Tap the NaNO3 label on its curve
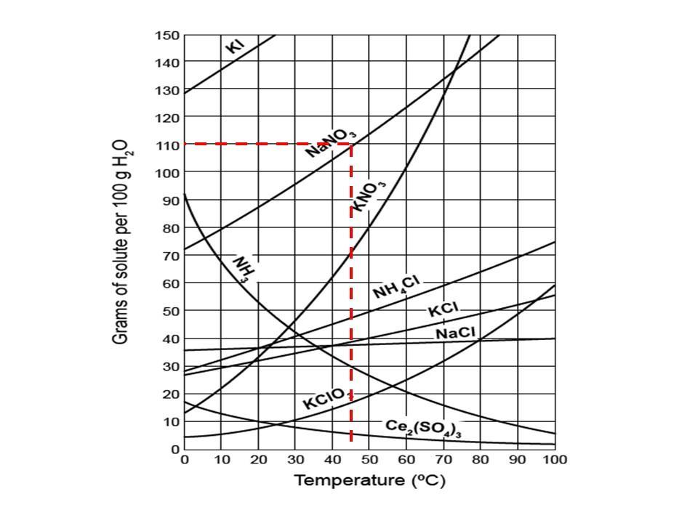coord(330,140)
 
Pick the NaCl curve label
coord(456,333)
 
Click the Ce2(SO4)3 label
coord(424,428)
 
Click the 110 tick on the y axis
coord(169,145)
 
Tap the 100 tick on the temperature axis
coord(555,460)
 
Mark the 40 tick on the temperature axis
coord(332,460)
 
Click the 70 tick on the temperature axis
coord(444,460)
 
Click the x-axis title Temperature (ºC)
coord(369,481)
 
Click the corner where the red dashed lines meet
coord(351,144)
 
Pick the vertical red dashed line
coord(351,305)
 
